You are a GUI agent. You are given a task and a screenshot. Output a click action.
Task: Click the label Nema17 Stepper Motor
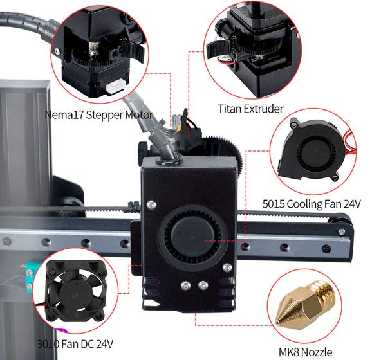pos(99,114)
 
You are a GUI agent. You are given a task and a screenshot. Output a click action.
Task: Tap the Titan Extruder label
pos(250,109)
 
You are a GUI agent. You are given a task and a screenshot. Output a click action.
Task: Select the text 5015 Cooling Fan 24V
pos(312,204)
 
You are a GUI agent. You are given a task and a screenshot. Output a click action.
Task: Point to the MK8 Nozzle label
pos(305,352)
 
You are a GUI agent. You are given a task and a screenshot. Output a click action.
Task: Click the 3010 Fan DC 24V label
pos(75,344)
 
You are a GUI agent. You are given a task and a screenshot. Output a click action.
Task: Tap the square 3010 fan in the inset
pos(76,291)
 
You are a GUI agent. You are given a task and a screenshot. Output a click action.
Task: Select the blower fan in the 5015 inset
pos(314,149)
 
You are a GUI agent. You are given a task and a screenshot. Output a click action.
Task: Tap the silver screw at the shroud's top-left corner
pos(151,204)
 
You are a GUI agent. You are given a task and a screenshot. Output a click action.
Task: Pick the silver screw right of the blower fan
pos(227,268)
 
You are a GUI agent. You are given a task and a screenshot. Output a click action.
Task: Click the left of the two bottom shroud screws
pos(185,285)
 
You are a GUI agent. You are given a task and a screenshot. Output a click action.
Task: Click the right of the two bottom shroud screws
pos(203,285)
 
